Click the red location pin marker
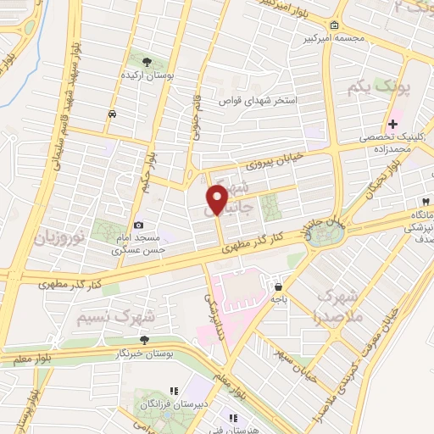(217, 199)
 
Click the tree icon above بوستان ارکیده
(146, 62)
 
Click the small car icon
(112, 114)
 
